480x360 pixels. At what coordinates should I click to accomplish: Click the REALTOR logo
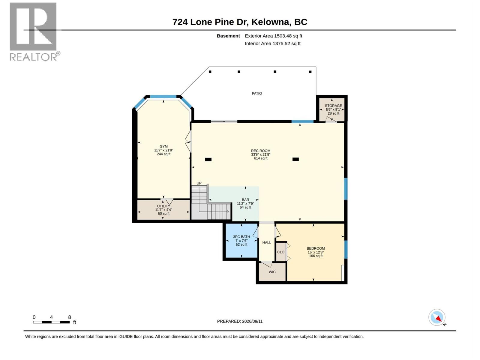coord(34,32)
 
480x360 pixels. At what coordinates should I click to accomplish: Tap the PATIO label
coord(257,94)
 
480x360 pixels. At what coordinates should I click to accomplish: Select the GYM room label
coord(163,146)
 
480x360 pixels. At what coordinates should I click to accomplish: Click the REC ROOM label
coord(261,151)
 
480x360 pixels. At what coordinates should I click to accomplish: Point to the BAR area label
coord(245,200)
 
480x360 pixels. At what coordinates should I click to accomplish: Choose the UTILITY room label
coord(163,206)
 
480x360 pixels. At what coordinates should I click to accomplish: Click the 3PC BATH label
coord(241,237)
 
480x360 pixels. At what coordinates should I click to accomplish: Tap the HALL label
coord(267,243)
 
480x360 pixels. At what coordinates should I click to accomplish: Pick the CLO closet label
coord(281,252)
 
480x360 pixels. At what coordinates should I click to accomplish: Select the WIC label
coord(272,272)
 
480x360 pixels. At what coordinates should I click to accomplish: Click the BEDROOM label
coord(316,248)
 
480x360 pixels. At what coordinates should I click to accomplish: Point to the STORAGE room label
coord(333,106)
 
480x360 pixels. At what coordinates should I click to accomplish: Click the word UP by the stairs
coord(199,183)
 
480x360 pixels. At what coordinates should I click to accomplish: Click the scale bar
coord(51,322)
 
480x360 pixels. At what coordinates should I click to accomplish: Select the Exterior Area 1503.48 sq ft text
coord(273,36)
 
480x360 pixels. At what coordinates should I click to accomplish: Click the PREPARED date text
coord(240,321)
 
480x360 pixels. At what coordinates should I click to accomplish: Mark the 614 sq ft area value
coord(261,158)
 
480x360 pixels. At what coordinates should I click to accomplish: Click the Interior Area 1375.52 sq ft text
coord(272,43)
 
